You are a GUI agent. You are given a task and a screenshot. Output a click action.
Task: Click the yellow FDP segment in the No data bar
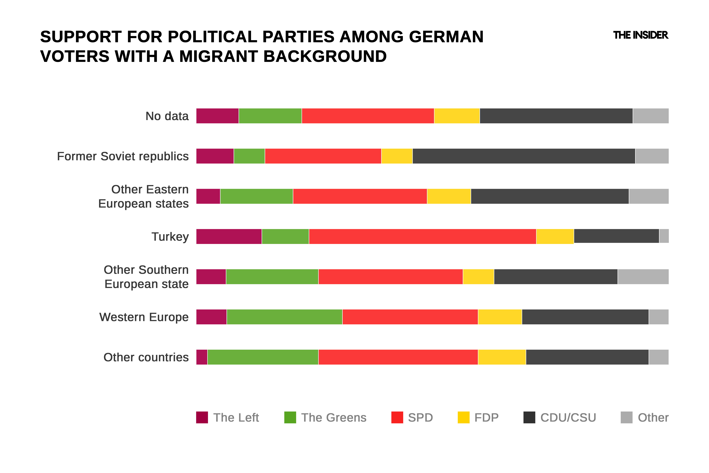click(457, 116)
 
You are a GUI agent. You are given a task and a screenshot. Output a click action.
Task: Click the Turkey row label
click(170, 237)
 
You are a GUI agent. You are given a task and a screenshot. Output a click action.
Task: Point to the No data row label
click(167, 116)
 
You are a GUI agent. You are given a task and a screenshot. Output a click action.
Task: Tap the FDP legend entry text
click(486, 418)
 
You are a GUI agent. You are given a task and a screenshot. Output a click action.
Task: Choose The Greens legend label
click(334, 418)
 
